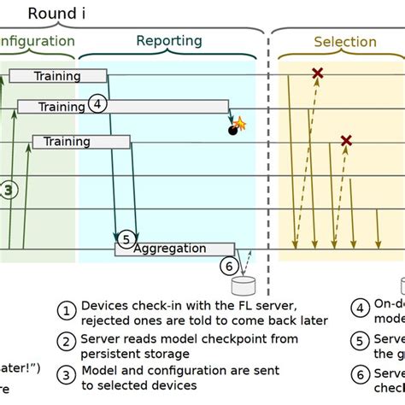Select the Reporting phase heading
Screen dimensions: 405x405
(169, 41)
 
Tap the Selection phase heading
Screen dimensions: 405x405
(344, 42)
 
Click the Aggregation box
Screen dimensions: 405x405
(169, 249)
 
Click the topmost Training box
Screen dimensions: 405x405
(57, 76)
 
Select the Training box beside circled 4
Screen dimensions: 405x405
(62, 107)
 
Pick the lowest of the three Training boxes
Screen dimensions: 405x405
(67, 141)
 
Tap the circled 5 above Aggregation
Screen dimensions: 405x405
(126, 239)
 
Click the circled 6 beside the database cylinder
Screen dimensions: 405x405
(227, 266)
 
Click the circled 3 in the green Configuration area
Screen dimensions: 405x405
(8, 191)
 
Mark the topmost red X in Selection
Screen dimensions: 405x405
(318, 74)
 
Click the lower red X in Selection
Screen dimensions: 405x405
(346, 140)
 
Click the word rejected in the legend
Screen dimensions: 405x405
(109, 320)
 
